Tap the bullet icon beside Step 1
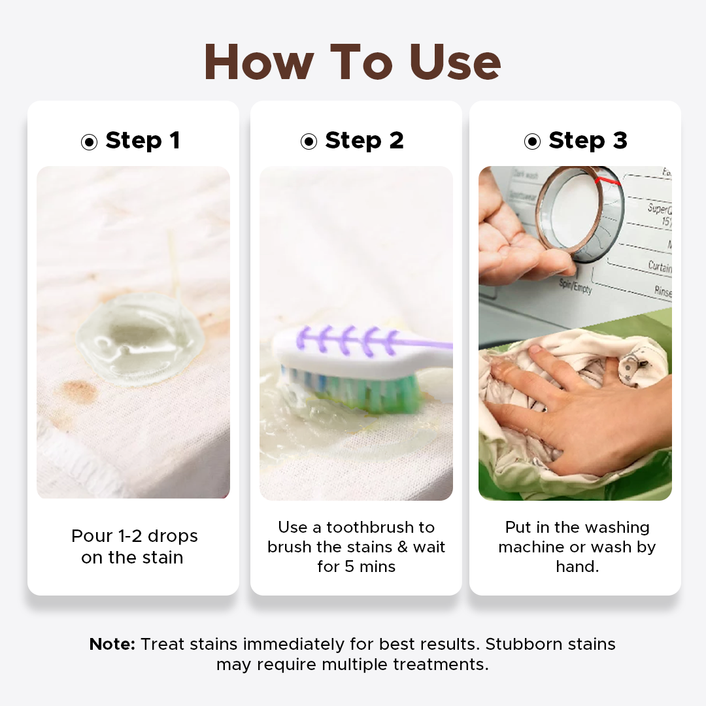coord(89,142)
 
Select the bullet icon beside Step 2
coord(309,142)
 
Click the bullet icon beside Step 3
coord(532,142)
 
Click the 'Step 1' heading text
coord(143,141)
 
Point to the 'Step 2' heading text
coord(364,141)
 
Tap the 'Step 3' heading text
coord(588,141)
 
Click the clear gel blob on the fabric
coord(141,339)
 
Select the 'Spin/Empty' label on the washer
coord(575,286)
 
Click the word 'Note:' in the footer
coord(112,644)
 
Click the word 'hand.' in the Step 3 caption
coord(577,566)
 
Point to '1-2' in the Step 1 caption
coord(130,536)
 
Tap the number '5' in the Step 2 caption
coord(349,566)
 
